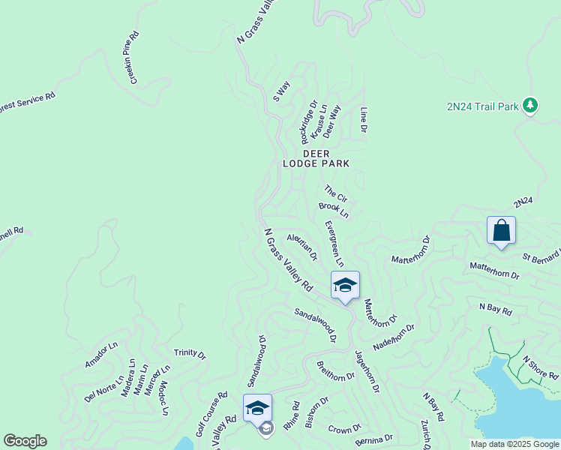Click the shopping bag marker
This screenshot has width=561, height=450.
[501, 231]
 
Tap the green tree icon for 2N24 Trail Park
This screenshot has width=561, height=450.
[531, 105]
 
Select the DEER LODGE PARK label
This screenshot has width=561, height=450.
[316, 157]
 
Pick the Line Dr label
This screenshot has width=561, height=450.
[364, 120]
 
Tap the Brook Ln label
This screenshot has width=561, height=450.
[334, 209]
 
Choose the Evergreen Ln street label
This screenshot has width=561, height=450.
[334, 244]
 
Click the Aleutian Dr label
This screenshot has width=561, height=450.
[302, 246]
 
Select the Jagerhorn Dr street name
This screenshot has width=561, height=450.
[367, 371]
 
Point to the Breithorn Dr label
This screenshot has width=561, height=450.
[335, 371]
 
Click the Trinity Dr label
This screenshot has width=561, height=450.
[190, 352]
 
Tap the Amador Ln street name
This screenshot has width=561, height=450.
[102, 355]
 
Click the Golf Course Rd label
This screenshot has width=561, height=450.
[211, 414]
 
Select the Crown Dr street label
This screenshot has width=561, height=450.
[345, 429]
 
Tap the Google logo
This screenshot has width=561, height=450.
[25, 441]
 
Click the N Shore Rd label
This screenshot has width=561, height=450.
[541, 367]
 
